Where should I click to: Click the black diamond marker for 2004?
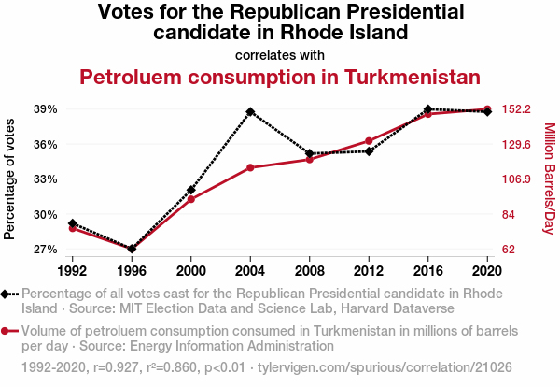point(250,111)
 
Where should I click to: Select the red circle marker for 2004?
point(250,167)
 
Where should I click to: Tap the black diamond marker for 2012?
point(369,151)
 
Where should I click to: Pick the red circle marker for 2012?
point(369,141)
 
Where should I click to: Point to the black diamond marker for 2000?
point(191,190)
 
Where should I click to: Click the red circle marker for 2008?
point(310,160)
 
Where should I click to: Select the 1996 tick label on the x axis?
point(132,270)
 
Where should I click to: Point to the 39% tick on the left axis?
point(45,109)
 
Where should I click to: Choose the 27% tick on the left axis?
point(45,250)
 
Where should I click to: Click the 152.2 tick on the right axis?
point(516,109)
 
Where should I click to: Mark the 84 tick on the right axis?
point(509,215)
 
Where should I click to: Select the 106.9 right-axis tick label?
point(516,179)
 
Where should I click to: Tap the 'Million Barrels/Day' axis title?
point(549,179)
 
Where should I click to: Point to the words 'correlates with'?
point(280,54)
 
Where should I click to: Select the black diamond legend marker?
point(8,294)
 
